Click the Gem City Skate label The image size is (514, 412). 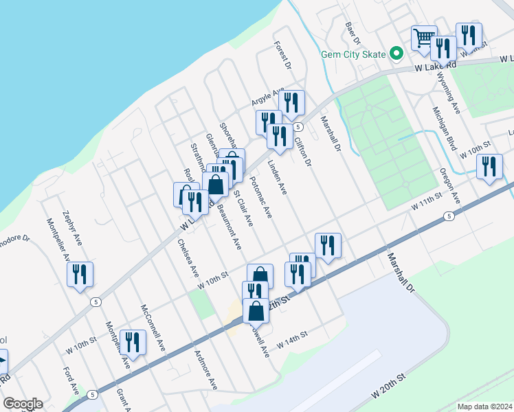(x=353, y=54)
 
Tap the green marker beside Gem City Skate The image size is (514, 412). (x=396, y=53)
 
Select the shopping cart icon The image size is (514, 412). (x=424, y=36)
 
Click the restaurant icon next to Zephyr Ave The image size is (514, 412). (x=80, y=274)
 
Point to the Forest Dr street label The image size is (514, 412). (x=282, y=55)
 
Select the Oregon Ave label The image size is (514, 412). (x=450, y=185)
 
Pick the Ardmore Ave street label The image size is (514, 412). (x=205, y=370)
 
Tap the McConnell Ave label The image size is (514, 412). (x=153, y=325)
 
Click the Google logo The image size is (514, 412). (x=22, y=404)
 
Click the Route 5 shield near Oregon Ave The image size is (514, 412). (x=449, y=216)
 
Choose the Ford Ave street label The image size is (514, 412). (x=70, y=381)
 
